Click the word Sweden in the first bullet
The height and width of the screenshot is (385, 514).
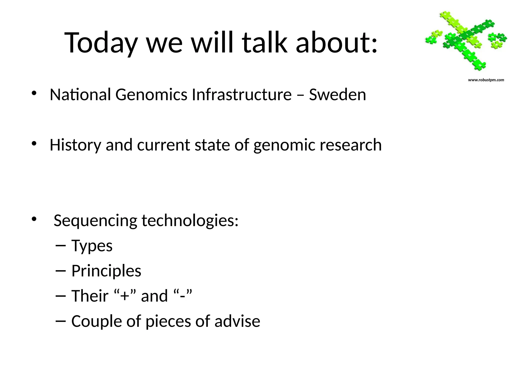pos(337,95)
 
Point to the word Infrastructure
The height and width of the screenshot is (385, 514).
pos(242,95)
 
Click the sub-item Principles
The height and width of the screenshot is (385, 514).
pos(106,271)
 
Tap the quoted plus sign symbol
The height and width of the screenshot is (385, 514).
pos(125,296)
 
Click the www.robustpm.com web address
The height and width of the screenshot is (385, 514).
pos(486,80)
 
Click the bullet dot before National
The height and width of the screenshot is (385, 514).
pos(34,93)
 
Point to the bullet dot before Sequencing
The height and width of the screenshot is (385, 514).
pos(34,219)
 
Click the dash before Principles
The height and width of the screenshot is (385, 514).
pos(60,271)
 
